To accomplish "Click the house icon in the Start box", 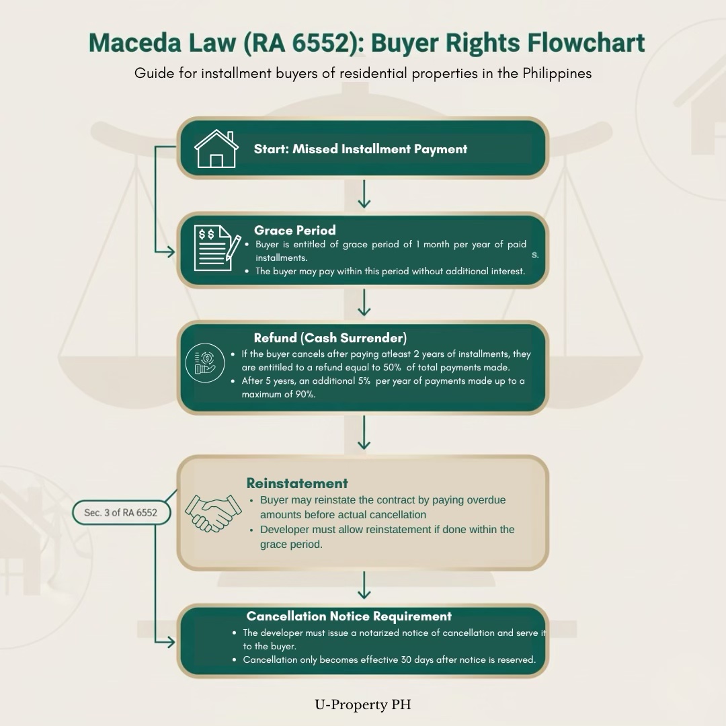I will point(216,149).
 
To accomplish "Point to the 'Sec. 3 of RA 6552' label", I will point(120,512).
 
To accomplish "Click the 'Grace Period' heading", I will point(294,230).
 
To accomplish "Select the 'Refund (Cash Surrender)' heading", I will point(330,337).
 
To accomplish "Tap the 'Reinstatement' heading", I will point(297,483).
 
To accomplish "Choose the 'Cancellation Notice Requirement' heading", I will point(349,616).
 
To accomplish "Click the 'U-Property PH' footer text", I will point(362,704).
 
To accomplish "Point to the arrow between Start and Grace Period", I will point(364,194).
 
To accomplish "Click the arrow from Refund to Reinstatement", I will point(364,434).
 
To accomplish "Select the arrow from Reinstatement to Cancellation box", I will point(364,586).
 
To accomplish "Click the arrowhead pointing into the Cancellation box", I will point(169,642).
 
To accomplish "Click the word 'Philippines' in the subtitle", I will point(557,73).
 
